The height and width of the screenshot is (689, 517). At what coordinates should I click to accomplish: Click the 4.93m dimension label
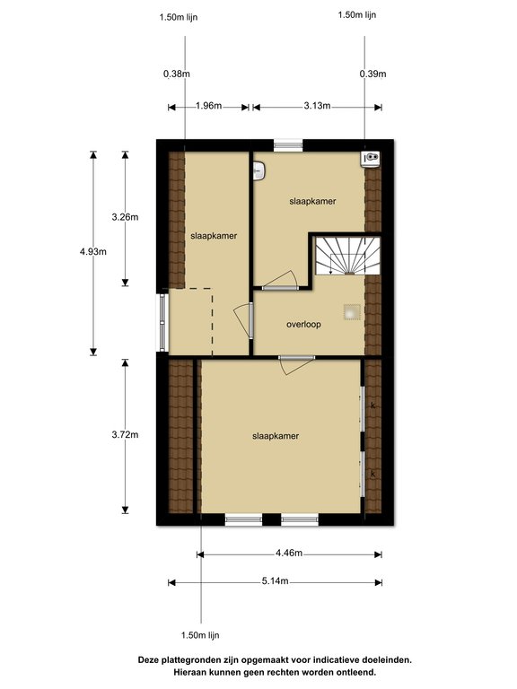pos(92,252)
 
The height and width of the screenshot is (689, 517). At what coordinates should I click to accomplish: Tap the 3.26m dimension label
pos(125,217)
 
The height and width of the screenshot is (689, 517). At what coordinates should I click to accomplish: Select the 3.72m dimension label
pos(125,435)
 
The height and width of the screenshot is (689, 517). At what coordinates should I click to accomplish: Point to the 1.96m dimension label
pos(208,107)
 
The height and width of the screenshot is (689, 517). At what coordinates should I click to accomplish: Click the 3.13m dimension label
pos(317,107)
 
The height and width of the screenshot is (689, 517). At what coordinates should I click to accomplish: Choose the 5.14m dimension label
pos(275,581)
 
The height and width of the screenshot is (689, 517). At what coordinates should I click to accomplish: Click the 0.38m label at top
pos(177,74)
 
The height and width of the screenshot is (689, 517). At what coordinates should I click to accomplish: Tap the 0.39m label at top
pos(372,74)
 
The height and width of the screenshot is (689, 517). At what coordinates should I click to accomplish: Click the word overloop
pos(303,324)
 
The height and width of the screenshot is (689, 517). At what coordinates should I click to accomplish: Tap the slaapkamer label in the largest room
pos(276,436)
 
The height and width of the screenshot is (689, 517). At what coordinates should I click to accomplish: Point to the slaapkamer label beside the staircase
pos(312,202)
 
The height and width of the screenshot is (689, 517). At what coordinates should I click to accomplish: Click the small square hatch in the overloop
pos(351,311)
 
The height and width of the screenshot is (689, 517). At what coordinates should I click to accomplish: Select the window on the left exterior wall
pos(162,321)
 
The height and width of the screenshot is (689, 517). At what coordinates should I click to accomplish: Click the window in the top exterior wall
pos(288,142)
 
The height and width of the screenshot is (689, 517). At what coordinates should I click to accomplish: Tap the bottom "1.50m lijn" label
pos(200,635)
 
